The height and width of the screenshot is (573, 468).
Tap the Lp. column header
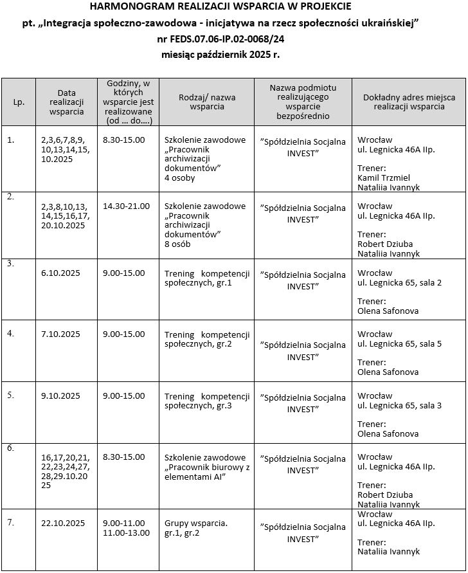tap(19, 102)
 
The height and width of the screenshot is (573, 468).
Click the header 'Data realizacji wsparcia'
tap(66, 102)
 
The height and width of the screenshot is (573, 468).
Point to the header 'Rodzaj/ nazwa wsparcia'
tap(207, 102)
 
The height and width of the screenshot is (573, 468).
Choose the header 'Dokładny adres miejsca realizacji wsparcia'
tap(409, 102)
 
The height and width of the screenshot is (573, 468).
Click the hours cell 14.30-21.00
tap(126, 206)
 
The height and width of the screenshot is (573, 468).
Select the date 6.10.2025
tap(60, 273)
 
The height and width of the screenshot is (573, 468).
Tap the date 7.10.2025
tap(60, 334)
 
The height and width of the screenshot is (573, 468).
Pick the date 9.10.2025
tap(60, 396)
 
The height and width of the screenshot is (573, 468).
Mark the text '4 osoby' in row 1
tap(180, 177)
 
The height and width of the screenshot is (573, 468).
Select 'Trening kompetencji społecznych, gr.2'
tap(207, 339)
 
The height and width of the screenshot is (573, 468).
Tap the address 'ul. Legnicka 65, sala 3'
tap(399, 405)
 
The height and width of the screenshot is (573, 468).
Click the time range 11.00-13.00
tap(126, 532)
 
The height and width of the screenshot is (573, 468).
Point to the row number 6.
tap(10, 448)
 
